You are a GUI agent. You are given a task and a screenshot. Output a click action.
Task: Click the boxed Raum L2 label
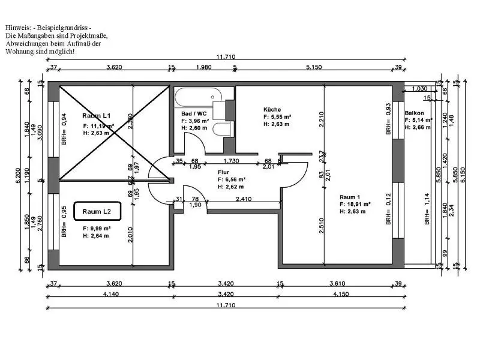[97, 211]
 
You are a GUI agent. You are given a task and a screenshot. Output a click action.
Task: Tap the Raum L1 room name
[98, 115]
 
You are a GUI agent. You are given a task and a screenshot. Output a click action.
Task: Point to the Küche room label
[272, 109]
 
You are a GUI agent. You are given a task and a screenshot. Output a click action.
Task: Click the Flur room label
[223, 172]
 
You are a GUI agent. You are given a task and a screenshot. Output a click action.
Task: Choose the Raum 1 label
[350, 196]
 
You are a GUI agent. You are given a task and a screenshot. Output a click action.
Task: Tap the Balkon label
[415, 113]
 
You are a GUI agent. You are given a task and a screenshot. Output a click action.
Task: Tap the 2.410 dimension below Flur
[244, 199]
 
